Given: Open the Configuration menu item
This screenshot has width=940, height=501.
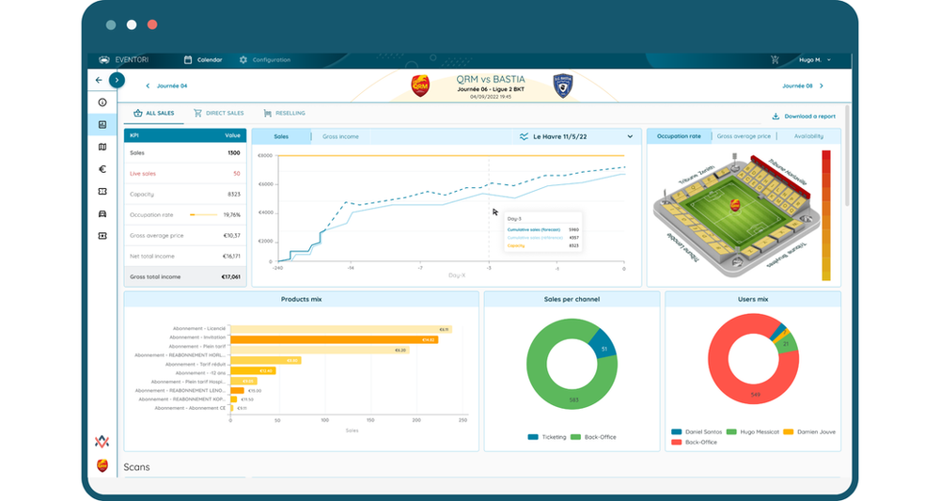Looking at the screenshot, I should click(265, 60).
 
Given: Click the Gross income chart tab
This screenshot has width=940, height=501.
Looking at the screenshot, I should click(340, 136).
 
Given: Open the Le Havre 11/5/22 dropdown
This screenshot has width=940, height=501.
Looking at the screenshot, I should click(576, 136).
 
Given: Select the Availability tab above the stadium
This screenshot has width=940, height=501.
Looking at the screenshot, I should click(808, 136).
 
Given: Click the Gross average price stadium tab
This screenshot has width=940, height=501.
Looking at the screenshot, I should click(744, 136).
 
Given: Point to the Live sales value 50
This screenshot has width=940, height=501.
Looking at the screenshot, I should click(236, 173).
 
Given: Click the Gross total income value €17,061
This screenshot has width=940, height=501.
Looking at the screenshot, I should click(229, 277).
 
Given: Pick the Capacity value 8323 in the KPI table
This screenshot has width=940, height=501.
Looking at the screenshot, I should click(232, 194).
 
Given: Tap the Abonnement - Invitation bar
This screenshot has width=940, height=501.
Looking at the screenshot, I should click(334, 339).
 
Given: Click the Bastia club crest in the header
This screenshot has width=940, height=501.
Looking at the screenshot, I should click(562, 87).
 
